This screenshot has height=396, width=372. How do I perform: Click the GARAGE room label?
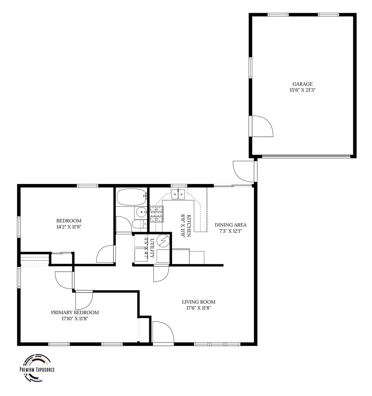click(303, 84)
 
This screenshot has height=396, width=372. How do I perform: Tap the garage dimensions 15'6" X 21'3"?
click(303, 90)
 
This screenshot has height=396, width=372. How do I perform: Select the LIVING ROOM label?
click(198, 302)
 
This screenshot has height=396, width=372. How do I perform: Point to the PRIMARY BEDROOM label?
click(75, 312)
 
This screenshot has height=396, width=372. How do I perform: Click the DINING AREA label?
click(230, 225)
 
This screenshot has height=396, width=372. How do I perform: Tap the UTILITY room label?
click(152, 248)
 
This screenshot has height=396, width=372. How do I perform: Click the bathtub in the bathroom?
click(132, 197)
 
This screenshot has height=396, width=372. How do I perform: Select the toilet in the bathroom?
click(139, 224)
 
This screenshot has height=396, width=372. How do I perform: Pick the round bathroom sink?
click(141, 212)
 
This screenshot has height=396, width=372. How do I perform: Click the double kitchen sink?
click(179, 194)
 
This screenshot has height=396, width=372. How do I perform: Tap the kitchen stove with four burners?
click(157, 214)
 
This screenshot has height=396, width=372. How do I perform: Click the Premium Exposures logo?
click(37, 368)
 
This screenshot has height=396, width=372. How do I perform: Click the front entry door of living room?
click(163, 333)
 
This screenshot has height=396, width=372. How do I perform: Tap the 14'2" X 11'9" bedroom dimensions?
click(69, 227)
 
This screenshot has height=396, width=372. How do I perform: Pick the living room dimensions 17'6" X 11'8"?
click(198, 308)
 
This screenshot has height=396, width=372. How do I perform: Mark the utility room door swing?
click(161, 274)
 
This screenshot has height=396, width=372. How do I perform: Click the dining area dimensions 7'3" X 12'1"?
click(230, 231)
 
